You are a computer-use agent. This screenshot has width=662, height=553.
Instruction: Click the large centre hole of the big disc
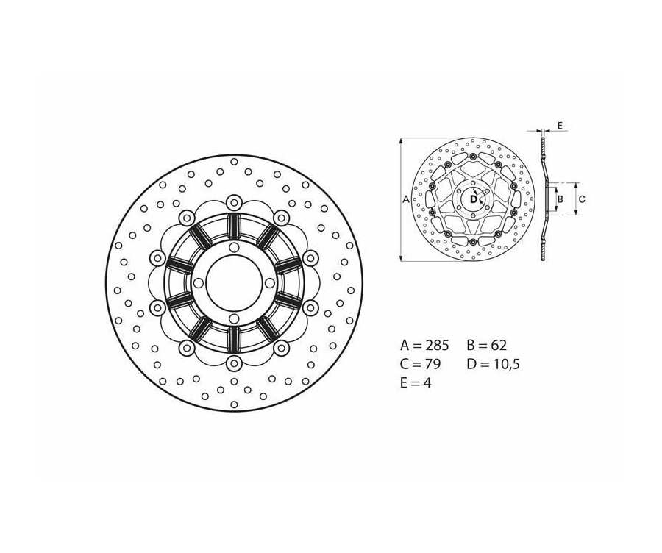pyautogui.click(x=234, y=282)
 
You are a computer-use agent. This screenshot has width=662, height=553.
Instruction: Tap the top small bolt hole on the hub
pyautogui.click(x=234, y=247)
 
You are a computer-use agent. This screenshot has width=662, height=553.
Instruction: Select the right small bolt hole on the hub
pyautogui.click(x=270, y=282)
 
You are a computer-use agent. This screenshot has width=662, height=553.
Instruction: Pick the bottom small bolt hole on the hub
pyautogui.click(x=234, y=318)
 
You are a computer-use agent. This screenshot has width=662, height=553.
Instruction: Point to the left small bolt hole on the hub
pyautogui.click(x=199, y=282)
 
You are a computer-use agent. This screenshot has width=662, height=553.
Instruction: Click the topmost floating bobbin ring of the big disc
pyautogui.click(x=234, y=201)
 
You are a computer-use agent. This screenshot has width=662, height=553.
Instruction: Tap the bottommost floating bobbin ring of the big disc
pyautogui.click(x=234, y=363)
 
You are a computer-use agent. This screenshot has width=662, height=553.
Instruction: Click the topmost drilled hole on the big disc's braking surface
pyautogui.click(x=234, y=161)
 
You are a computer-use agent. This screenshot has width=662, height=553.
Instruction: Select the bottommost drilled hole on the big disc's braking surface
pyautogui.click(x=234, y=404)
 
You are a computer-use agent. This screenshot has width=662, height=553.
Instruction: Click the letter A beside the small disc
pyautogui.click(x=406, y=199)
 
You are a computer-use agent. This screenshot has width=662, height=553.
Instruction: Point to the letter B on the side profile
pyautogui.click(x=560, y=199)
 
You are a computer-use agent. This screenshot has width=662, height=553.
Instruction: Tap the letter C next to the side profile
pyautogui.click(x=581, y=199)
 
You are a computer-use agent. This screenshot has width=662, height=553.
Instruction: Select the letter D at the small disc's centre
pyautogui.click(x=473, y=199)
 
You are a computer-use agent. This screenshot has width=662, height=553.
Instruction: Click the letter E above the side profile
pyautogui.click(x=560, y=126)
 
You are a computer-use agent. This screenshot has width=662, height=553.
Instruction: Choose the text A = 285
pyautogui.click(x=424, y=345)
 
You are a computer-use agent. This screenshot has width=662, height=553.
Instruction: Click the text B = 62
pyautogui.click(x=487, y=345)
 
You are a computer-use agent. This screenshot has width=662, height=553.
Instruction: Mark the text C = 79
pyautogui.click(x=421, y=363)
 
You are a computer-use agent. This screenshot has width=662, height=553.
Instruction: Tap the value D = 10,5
pyautogui.click(x=493, y=363)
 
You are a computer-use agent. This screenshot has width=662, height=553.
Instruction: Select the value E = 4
pyautogui.click(x=416, y=382)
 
